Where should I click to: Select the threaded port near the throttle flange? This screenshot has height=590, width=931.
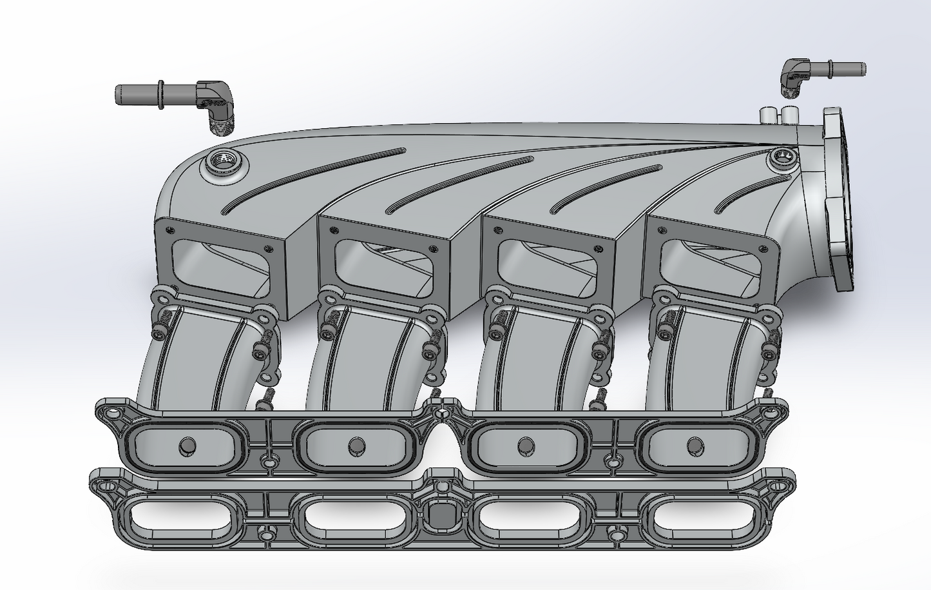click(783, 155)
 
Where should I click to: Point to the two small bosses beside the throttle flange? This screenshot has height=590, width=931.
click(778, 116)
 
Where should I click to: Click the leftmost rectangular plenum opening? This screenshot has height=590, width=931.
click(219, 258)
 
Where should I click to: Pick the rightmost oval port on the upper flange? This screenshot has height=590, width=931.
click(695, 444)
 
